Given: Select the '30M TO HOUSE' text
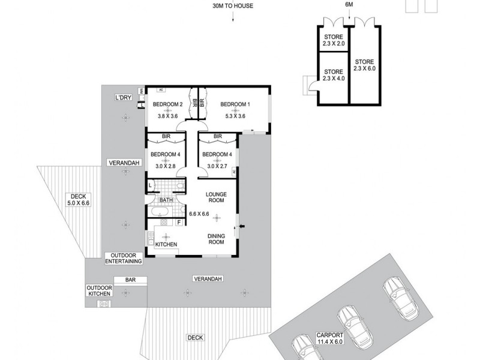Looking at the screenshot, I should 232,6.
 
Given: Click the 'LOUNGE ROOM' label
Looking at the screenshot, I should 215,197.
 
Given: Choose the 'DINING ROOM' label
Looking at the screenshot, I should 215,238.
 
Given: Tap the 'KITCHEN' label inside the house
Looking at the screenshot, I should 166,244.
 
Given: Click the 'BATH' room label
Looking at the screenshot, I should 166,199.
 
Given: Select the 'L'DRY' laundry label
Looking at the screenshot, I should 124,97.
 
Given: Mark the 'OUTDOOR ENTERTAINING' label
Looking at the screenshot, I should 124,258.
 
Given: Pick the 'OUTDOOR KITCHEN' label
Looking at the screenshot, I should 98,290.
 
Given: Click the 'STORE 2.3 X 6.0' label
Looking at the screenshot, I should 364,65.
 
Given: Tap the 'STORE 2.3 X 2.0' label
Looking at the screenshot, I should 333,40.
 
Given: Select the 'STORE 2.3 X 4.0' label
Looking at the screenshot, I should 333,75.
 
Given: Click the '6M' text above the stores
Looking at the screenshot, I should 349,6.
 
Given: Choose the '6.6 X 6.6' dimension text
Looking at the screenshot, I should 199,214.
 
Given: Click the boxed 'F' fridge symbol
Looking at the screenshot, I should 179,223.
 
